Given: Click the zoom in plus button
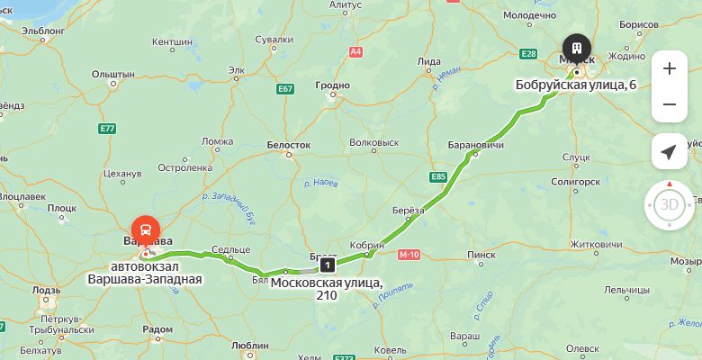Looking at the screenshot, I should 669,68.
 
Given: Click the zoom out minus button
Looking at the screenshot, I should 669,104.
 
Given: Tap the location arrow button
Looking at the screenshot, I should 669,151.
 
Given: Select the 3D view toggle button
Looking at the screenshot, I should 669,204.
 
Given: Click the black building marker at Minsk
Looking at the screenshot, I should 576,47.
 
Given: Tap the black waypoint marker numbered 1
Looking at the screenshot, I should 327,265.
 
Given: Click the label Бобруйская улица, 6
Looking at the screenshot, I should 575,85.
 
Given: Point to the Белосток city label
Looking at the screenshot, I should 289,144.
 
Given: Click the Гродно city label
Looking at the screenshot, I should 331,86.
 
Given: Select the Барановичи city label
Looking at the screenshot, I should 475,145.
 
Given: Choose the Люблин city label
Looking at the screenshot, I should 250,344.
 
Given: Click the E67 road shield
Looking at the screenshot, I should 286,89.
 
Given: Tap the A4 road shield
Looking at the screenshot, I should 355,51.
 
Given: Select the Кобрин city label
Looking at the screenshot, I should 367,244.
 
